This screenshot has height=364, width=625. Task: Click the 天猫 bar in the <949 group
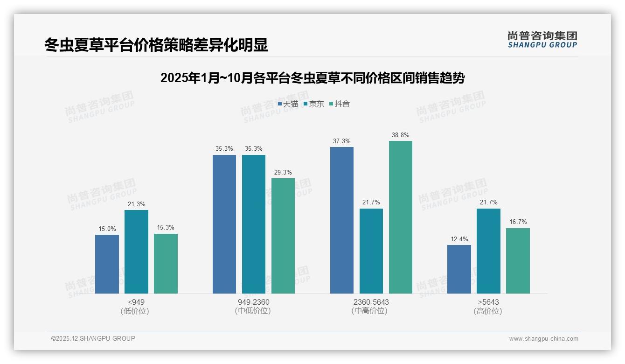coord(107,264)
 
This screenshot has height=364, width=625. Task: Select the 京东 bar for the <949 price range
coord(136,252)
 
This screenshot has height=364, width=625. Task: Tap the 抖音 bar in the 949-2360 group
coord(283,236)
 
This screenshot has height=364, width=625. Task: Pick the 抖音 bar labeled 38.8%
coord(401,217)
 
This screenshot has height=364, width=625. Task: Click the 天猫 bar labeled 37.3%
coord(342,220)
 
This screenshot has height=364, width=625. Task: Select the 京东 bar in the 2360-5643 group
coord(371,251)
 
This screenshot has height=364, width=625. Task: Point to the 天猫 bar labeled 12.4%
coord(459,269)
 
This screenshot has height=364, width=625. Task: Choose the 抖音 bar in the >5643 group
coord(518,261)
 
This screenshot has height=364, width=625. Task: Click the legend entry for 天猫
coord(288,104)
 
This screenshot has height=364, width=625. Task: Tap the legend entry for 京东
coord(314,104)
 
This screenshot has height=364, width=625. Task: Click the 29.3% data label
coord(283,173)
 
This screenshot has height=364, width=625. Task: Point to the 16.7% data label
coord(518,222)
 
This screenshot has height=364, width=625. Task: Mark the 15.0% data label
coord(107,229)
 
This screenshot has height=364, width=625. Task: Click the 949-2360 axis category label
coord(253,302)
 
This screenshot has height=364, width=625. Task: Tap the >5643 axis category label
coord(488,302)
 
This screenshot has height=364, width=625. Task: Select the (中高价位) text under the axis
coord(369,311)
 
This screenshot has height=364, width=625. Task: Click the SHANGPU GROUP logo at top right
coord(542,40)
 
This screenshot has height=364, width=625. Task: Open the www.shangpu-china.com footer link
coord(543,339)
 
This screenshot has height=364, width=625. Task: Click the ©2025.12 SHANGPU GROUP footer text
coord(93,339)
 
